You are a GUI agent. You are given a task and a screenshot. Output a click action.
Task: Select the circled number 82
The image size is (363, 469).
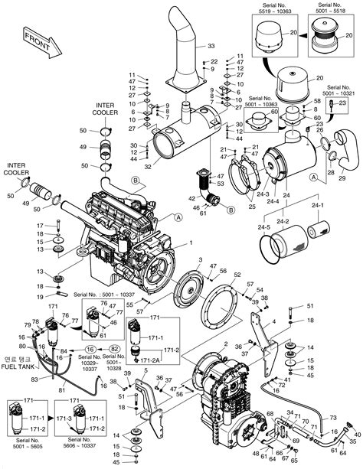(114, 348)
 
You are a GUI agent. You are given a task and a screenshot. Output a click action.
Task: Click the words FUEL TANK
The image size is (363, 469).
(22, 366)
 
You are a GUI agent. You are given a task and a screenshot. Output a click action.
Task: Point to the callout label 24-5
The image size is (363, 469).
(264, 227)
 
